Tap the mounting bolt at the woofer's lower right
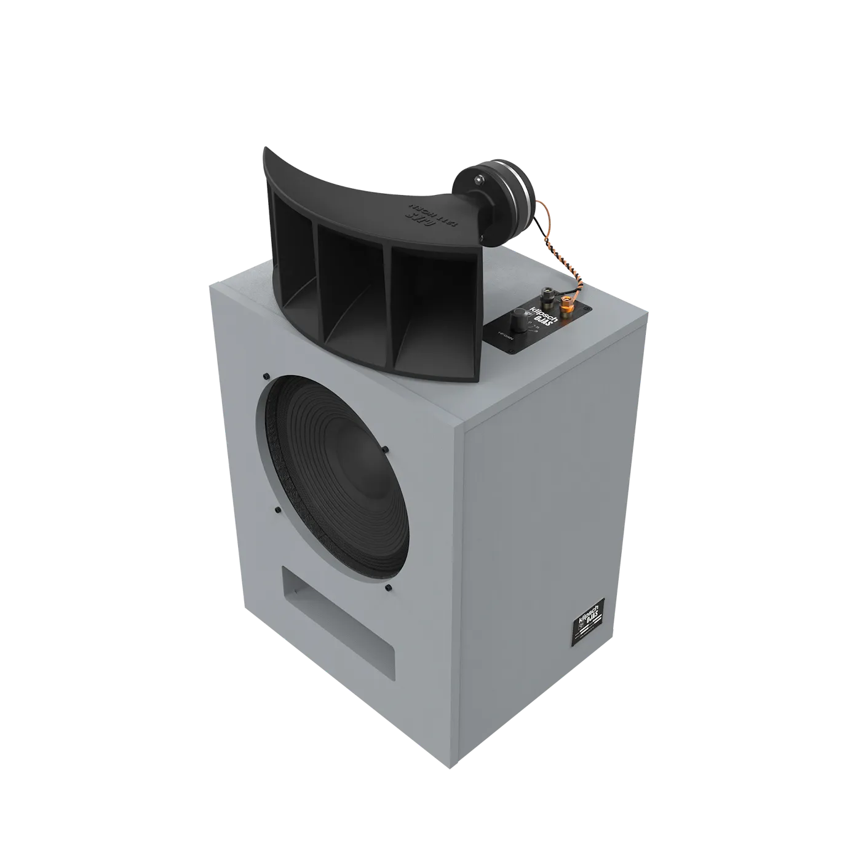[388, 589]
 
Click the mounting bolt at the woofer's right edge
[385, 450]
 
